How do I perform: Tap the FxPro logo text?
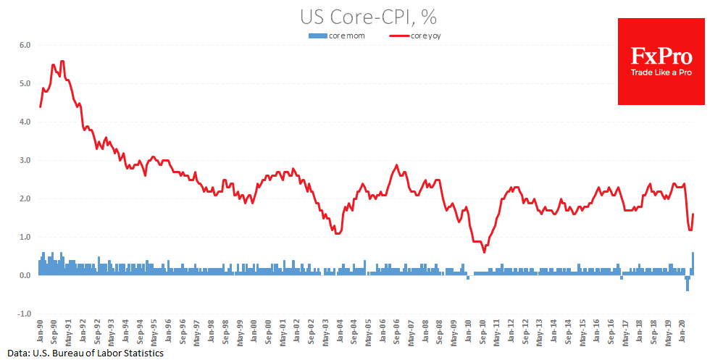point(661,56)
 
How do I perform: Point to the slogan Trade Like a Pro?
point(661,72)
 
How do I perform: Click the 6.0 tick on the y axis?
point(24,45)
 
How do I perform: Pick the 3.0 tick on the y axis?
point(24,160)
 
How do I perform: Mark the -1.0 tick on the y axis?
point(24,314)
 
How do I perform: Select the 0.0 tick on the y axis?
point(24,275)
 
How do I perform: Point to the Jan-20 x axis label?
point(682,332)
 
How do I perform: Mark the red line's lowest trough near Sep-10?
point(484,252)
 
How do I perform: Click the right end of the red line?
point(693,214)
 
